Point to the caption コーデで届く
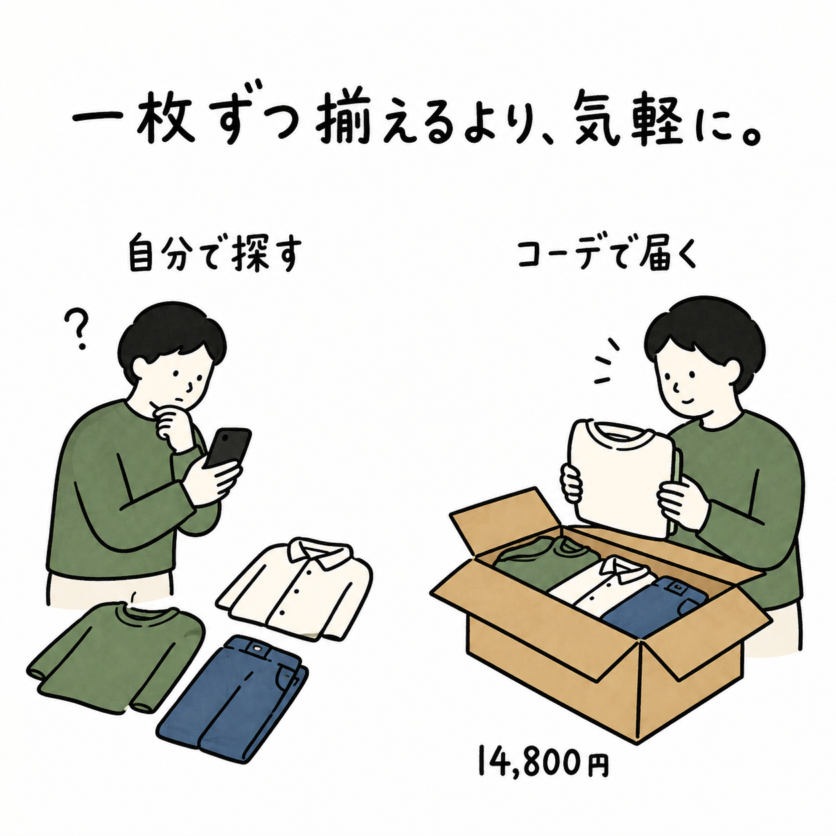coord(607,254)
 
